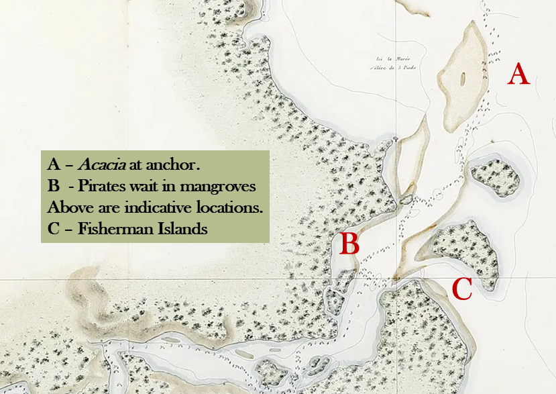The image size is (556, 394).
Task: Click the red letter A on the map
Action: [x=518, y=73]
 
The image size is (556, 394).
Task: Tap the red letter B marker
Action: [x=349, y=244]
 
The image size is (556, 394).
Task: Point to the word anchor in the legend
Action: [x=178, y=164]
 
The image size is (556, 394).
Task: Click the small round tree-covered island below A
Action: [x=497, y=178]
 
